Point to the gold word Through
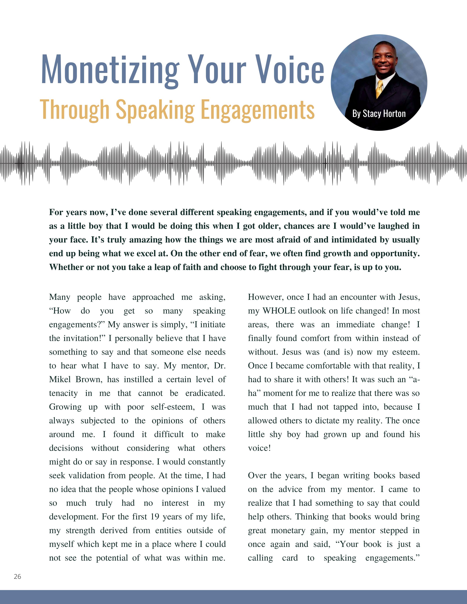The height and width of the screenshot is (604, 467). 75,110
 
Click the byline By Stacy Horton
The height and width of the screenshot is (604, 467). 379,114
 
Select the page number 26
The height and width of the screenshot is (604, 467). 17,577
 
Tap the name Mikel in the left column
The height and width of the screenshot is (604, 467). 60,379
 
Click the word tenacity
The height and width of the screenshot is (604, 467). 63,393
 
